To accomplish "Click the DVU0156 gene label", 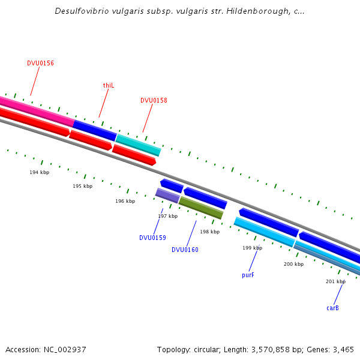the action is [x=40, y=63].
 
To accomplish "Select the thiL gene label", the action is [x=108, y=85].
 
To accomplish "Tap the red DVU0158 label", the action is [x=154, y=100].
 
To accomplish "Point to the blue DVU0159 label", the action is [x=152, y=238].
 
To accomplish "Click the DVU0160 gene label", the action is [x=185, y=250].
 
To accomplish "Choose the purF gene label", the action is [x=248, y=275].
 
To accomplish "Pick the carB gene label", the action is [x=332, y=308].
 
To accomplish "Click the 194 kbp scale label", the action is [x=40, y=172].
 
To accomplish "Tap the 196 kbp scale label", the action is [x=125, y=201].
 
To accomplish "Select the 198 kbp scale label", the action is [x=209, y=232].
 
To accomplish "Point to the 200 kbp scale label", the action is [x=293, y=264].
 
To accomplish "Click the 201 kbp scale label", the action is [x=335, y=281].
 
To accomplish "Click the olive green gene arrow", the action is [x=201, y=208].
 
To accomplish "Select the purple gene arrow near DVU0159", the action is [x=167, y=195].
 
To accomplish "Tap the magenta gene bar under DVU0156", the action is [x=36, y=110].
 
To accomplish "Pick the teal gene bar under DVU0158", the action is [x=138, y=145].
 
